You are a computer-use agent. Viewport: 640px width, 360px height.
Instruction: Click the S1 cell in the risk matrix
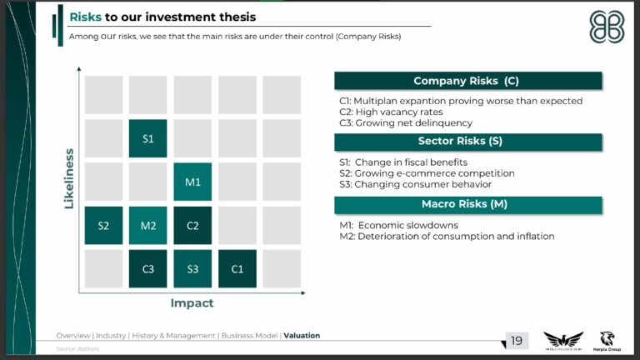tap(147, 138)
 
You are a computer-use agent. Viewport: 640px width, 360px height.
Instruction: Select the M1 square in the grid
tap(192, 182)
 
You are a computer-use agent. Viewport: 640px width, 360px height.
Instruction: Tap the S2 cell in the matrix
tap(103, 225)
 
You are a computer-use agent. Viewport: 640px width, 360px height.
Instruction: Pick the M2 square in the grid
tap(147, 225)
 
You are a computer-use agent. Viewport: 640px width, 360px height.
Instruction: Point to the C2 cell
tap(192, 225)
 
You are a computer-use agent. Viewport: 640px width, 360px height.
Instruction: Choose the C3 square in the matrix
tap(147, 268)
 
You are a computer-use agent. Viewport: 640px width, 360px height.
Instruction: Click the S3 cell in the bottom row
tap(192, 268)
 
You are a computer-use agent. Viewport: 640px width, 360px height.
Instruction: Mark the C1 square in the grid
tap(237, 268)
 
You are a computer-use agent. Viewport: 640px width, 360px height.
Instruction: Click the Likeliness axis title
tap(69, 178)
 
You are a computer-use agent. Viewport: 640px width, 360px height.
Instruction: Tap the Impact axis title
tap(192, 303)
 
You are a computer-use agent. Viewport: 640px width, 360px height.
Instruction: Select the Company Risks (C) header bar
tap(467, 81)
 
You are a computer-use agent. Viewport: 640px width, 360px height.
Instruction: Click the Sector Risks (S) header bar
tap(467, 142)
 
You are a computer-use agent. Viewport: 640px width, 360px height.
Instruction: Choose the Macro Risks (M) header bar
tap(467, 204)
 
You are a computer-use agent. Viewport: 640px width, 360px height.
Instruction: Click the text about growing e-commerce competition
tap(426, 173)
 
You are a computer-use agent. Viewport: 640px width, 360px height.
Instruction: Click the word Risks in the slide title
tap(85, 17)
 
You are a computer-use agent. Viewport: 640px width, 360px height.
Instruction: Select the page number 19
tap(517, 340)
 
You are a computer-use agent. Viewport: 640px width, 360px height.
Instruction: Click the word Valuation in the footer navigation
tap(302, 336)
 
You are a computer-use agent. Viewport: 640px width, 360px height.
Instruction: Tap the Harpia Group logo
tap(609, 340)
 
